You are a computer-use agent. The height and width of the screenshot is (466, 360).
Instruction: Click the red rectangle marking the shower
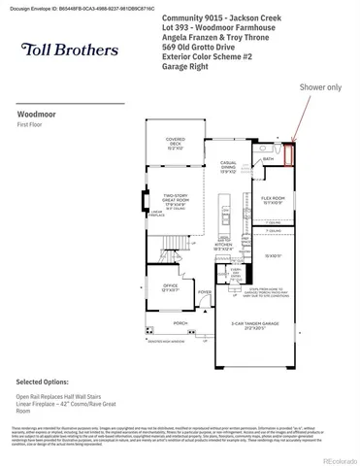tap(287, 155)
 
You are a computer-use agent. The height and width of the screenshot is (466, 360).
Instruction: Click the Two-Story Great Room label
tap(175, 202)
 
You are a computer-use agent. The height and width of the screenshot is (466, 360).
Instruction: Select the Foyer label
tap(204, 291)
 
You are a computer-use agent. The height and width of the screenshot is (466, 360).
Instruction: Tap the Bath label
tap(269, 156)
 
